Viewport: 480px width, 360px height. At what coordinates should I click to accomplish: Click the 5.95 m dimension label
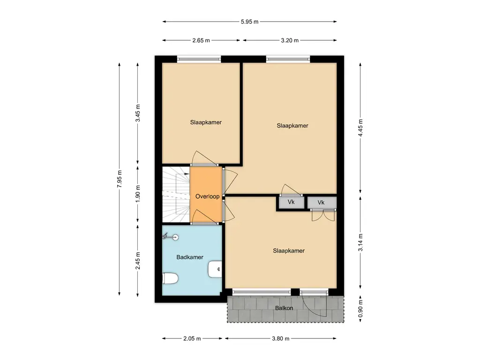point(249,22)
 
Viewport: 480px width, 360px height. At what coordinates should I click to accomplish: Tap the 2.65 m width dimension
point(201,40)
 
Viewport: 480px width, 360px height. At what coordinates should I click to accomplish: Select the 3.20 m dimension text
point(290,40)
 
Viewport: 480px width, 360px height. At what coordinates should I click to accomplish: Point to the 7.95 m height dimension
point(120,179)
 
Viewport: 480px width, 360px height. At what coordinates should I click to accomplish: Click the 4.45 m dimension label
point(360,128)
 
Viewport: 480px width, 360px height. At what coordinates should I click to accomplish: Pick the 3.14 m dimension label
point(360,242)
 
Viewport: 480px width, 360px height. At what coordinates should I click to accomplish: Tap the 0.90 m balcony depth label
point(360,309)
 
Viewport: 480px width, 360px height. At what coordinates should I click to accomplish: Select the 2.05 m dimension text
point(192,338)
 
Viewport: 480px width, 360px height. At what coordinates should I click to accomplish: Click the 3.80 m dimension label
point(281,338)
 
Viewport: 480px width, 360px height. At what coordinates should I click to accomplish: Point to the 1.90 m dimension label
point(138,194)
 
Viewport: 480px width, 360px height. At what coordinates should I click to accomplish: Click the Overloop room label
point(208,196)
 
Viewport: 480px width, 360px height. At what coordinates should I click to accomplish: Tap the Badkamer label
point(190,257)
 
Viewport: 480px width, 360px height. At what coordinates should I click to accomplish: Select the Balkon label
point(284,308)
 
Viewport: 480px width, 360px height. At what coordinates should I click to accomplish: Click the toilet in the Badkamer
point(170,278)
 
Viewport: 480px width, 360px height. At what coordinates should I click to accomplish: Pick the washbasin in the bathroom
point(215,269)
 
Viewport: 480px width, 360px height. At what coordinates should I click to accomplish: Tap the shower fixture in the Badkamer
point(170,236)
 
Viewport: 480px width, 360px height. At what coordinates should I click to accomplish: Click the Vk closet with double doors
point(322,202)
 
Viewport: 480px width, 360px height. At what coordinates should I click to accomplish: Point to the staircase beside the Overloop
point(176,195)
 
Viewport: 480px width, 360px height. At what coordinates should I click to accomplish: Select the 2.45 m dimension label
point(138,261)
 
